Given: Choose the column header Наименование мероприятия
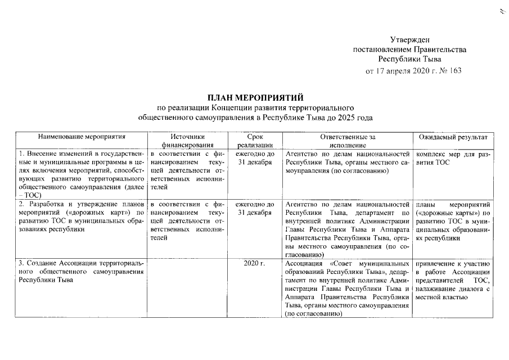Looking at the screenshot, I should (x=81, y=136).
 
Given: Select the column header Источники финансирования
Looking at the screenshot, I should (x=187, y=140).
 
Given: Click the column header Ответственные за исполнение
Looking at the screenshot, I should (x=347, y=140).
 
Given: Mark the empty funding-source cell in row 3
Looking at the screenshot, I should (x=187, y=287).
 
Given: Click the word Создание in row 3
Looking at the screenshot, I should (x=41, y=263).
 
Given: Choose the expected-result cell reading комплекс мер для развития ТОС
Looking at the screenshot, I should (x=452, y=158).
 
